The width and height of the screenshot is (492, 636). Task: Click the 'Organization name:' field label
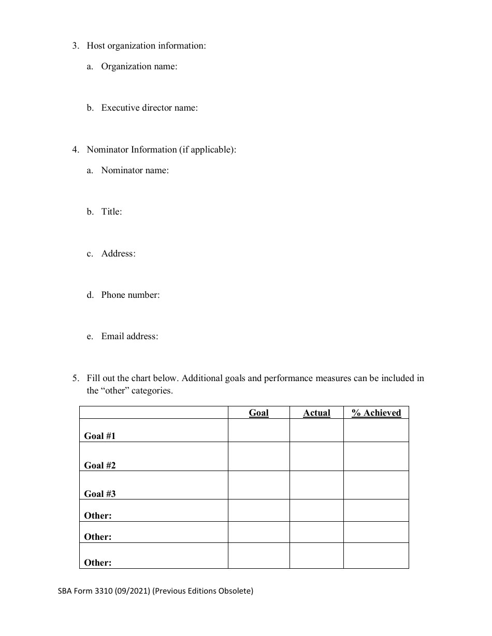(x=139, y=67)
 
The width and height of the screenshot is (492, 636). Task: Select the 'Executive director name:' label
(x=149, y=108)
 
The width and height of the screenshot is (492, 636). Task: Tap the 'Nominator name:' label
(x=135, y=171)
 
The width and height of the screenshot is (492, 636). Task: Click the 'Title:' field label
(x=111, y=212)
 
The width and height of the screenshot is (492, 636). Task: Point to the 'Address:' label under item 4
(x=118, y=254)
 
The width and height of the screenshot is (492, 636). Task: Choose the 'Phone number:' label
(x=130, y=295)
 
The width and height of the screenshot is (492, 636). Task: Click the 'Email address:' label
(x=129, y=337)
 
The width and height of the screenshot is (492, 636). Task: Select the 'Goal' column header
(x=258, y=413)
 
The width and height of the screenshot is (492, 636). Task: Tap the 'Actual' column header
(x=316, y=413)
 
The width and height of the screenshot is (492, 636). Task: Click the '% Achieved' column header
(x=377, y=413)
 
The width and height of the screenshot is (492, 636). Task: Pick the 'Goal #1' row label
(x=100, y=436)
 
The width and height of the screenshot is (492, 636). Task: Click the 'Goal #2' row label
(x=100, y=465)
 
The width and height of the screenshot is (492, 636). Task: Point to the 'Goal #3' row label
(x=100, y=494)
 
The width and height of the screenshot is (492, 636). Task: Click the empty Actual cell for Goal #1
(x=316, y=430)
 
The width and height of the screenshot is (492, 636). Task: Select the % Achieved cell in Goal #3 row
(x=376, y=485)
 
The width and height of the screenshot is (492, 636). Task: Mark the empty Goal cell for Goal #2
(x=258, y=457)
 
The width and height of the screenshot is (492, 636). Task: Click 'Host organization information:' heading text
(x=146, y=46)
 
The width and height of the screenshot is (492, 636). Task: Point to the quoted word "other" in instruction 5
(x=114, y=391)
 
